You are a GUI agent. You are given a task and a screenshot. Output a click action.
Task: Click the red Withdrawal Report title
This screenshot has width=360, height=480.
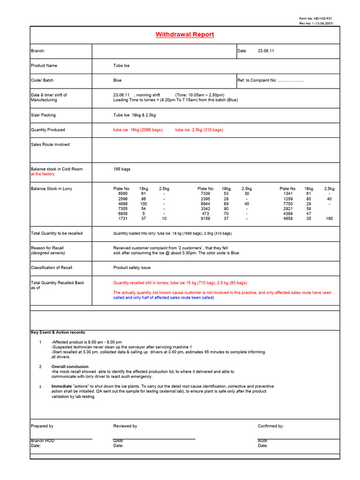185,35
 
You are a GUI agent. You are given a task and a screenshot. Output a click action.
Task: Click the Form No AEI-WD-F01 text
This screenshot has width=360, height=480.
316,18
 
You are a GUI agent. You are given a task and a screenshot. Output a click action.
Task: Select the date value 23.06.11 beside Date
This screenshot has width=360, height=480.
266,51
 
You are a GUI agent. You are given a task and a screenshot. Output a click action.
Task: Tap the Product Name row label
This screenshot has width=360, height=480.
44,66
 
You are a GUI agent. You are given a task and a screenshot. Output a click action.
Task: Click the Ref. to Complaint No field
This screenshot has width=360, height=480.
270,80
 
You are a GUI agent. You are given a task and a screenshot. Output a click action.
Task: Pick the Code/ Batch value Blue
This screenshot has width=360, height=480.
117,80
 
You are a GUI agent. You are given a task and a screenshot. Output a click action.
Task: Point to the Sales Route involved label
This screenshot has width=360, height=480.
50,144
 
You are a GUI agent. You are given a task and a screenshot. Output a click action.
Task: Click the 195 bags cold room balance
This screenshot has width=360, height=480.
122,169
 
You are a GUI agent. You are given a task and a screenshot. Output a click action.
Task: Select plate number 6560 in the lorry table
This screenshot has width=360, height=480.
122,194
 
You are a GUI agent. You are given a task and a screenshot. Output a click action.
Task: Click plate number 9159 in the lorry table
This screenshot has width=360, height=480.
205,218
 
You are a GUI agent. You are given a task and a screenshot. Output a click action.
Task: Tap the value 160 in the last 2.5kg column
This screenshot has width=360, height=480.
329,218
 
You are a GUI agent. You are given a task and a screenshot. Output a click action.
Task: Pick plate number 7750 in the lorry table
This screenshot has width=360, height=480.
288,204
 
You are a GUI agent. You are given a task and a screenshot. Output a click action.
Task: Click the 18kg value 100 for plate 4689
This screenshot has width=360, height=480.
143,204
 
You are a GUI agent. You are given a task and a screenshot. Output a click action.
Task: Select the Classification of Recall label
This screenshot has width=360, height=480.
52,268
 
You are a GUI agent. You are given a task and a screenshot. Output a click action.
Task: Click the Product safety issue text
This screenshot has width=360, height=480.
132,268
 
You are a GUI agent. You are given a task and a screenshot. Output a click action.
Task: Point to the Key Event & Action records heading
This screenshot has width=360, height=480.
58,332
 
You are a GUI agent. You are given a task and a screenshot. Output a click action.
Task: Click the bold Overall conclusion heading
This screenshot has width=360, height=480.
70,367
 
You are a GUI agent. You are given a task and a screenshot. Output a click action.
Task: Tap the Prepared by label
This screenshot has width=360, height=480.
42,426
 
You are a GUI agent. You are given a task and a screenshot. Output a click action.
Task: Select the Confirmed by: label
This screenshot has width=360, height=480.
270,426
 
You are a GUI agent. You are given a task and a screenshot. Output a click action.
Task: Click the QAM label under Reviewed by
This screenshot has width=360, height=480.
118,441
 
